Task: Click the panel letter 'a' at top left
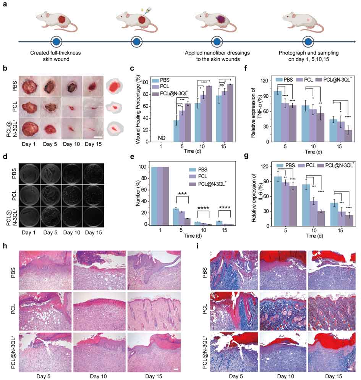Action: [x=5, y=6]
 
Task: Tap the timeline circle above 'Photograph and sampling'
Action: [x=308, y=41]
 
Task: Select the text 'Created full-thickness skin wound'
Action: [x=55, y=55]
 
